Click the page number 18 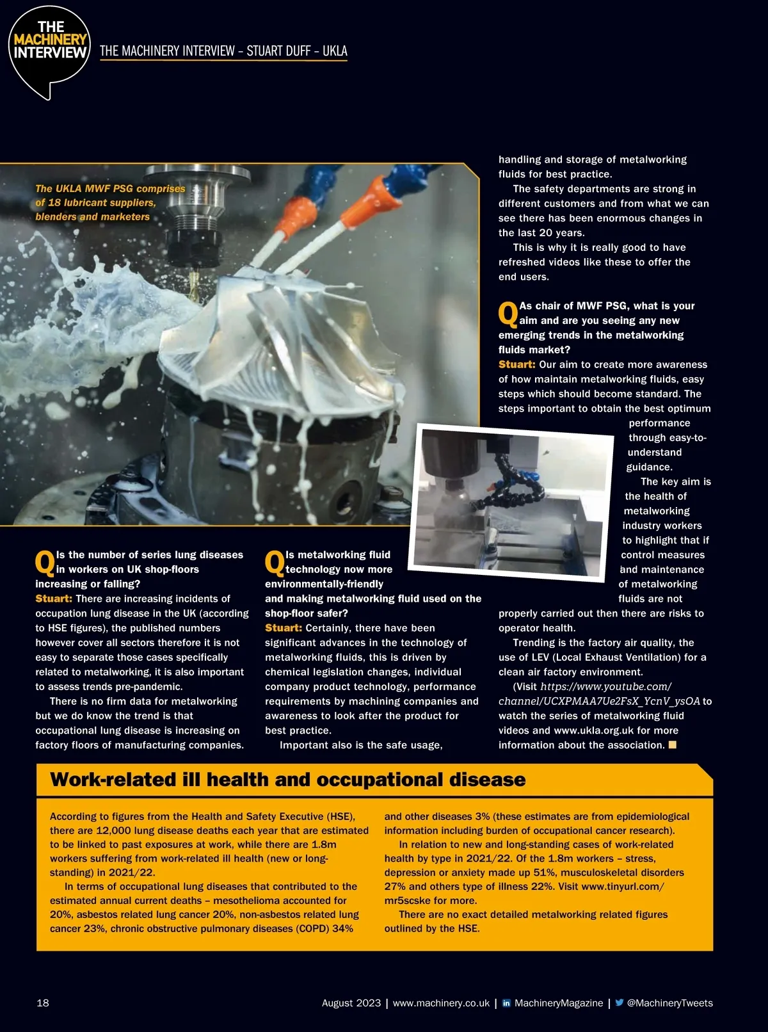[43, 1003]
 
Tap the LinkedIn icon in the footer [506, 1003]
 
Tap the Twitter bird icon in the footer [619, 1003]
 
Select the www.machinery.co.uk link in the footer [441, 1003]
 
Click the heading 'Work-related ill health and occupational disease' [287, 779]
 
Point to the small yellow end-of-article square [672, 745]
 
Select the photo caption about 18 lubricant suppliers [110, 202]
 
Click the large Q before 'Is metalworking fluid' [275, 562]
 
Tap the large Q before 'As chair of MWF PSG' [508, 313]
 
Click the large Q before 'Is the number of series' [45, 562]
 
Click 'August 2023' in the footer [351, 1003]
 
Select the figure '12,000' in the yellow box [114, 830]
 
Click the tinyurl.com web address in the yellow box [622, 887]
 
